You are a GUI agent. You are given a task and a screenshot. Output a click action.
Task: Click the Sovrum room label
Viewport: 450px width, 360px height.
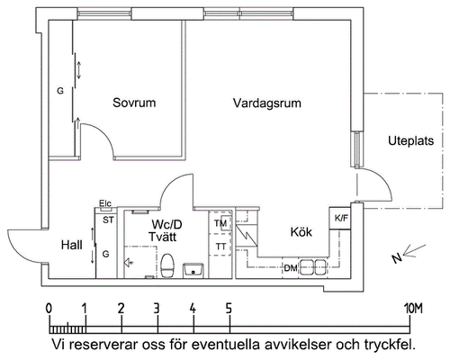click(x=134, y=103)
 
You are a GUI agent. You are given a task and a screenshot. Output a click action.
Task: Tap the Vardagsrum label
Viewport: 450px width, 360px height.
click(x=267, y=103)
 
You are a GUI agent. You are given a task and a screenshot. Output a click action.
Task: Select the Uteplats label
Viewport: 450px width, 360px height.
click(x=411, y=140)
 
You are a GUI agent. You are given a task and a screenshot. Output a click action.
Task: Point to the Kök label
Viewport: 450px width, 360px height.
click(x=301, y=232)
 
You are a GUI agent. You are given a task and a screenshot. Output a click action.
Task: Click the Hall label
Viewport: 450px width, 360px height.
click(x=72, y=245)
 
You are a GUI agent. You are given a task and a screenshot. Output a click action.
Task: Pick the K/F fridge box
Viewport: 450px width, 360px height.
click(x=340, y=218)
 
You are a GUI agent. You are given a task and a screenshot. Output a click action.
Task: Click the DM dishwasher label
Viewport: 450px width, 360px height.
click(x=291, y=268)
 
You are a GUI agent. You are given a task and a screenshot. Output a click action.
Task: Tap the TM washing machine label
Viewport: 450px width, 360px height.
click(x=220, y=223)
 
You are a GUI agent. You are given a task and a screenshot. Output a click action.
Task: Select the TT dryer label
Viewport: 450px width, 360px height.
click(x=221, y=247)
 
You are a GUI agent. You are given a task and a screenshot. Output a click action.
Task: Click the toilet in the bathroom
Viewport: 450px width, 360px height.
click(x=167, y=265)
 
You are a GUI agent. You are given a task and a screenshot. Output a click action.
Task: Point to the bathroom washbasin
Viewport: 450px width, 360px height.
click(x=193, y=270)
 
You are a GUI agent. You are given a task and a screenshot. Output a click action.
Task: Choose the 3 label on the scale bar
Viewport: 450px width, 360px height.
click(x=157, y=309)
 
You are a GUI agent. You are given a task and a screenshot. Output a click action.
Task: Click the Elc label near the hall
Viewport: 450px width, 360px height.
click(x=105, y=203)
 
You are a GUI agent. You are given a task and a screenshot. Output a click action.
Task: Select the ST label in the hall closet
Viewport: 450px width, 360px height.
click(x=108, y=220)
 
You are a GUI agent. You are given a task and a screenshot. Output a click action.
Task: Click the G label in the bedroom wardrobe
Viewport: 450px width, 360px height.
click(x=60, y=91)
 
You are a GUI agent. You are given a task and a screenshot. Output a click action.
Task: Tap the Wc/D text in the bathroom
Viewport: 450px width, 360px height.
click(x=166, y=224)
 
